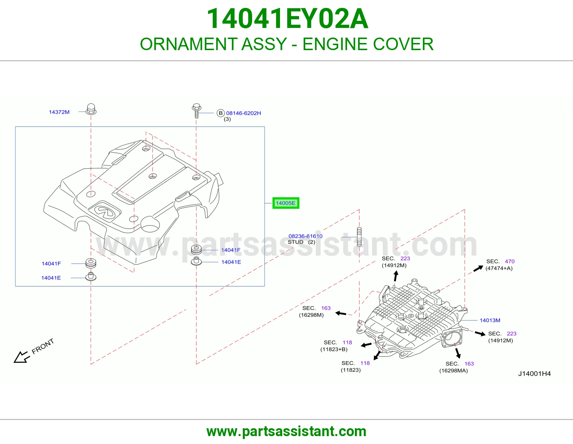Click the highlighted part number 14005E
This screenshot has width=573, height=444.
coord(285,203)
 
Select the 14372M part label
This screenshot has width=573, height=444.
coord(59,112)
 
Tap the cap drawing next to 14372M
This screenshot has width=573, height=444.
coord(91,109)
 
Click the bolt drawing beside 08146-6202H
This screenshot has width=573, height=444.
coord(197,111)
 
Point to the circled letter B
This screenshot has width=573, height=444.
coord(221,113)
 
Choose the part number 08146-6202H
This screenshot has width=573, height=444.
coord(244,113)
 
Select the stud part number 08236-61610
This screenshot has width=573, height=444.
coord(305,236)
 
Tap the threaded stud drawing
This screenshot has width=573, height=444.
coord(359,237)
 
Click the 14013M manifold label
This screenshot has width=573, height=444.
coord(490,320)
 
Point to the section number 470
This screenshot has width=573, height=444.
coord(510,261)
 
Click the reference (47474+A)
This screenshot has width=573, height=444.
coord(499,269)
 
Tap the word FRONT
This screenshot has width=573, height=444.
coord(43,346)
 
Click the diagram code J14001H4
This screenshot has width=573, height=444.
coord(534,373)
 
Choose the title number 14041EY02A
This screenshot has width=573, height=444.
coord(288,19)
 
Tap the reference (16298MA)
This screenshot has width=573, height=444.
coord(453,371)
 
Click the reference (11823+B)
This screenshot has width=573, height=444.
coord(334,349)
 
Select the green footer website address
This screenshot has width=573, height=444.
coord(286,431)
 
